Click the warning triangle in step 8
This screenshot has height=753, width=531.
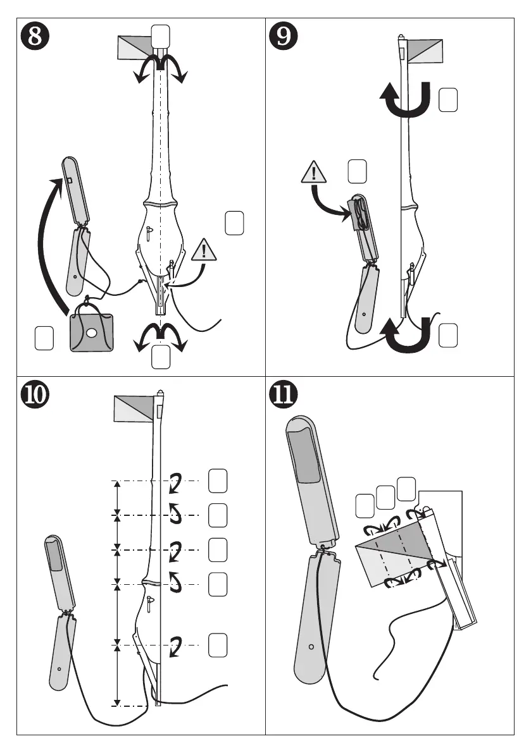(204, 251)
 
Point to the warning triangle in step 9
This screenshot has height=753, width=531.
(314, 172)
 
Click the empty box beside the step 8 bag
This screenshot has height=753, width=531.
(44, 338)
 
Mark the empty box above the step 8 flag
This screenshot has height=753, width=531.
(160, 35)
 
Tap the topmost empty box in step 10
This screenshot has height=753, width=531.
(218, 480)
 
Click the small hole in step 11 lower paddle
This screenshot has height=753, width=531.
(311, 647)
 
